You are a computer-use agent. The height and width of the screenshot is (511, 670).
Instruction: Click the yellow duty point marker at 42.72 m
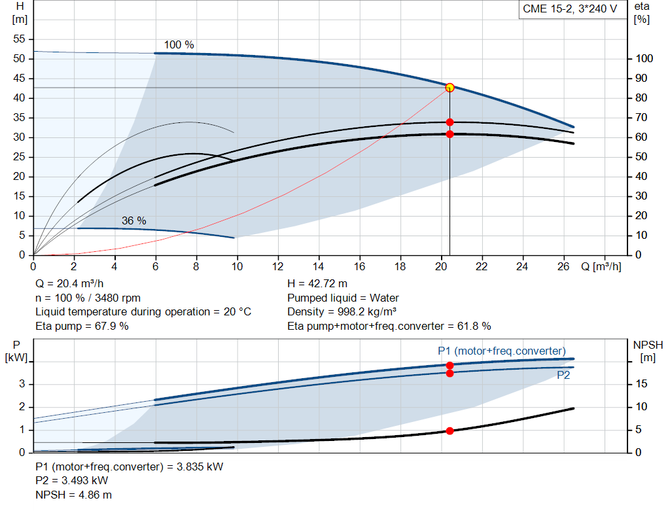coord(450,88)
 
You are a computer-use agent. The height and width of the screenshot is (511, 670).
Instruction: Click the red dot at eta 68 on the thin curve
coord(450,122)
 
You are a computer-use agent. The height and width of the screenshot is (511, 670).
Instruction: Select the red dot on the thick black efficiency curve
coord(450,134)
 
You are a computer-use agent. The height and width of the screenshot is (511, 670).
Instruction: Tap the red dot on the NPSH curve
coord(450,431)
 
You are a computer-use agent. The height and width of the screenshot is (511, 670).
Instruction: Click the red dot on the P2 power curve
coord(450,373)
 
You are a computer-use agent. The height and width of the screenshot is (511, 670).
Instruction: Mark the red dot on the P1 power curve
coord(450,365)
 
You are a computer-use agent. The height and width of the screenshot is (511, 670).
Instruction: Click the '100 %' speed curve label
coord(179,45)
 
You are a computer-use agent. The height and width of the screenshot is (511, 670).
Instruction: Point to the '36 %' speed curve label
coord(133,221)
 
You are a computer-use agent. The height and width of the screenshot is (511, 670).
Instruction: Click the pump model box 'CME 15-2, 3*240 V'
coord(570,10)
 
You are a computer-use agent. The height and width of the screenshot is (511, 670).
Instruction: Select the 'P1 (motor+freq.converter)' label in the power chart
coord(501,351)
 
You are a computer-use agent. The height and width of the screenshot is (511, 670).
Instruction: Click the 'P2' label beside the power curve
coord(563,375)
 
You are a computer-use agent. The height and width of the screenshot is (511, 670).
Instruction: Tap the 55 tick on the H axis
coord(19,39)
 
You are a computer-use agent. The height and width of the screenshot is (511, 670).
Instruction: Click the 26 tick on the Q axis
coord(563,266)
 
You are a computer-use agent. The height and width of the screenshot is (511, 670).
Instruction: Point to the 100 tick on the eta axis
coord(644,59)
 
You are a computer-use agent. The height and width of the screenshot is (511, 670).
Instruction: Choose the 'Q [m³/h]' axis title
coord(601,266)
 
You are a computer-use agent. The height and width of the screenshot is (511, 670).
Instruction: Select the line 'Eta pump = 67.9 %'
coord(82,325)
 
